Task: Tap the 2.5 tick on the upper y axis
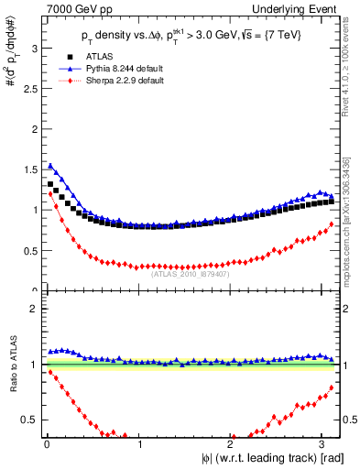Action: pyautogui.click(x=33, y=87)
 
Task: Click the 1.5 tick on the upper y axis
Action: pyautogui.click(x=33, y=169)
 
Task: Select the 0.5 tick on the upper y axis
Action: pyautogui.click(x=33, y=250)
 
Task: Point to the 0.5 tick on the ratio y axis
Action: pyautogui.click(x=33, y=420)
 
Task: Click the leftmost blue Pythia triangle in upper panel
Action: pyautogui.click(x=50, y=166)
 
